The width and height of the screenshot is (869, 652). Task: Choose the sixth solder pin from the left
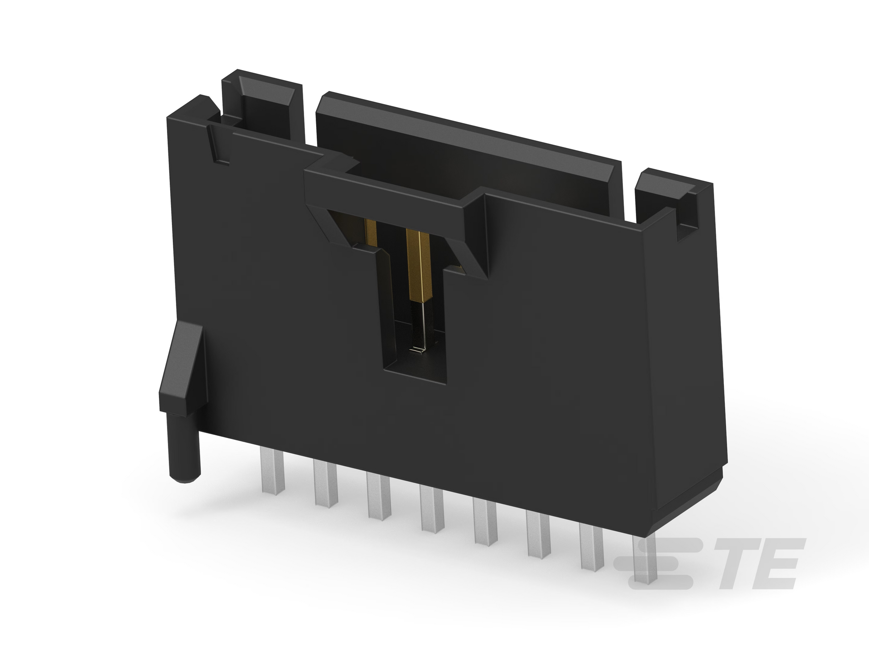[539, 536]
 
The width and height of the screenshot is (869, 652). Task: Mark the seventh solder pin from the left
[592, 549]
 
